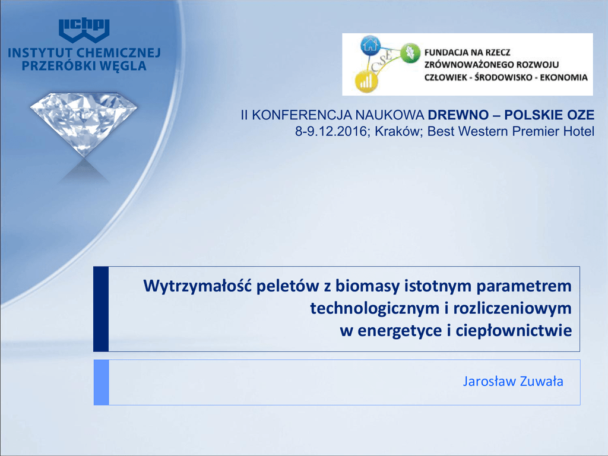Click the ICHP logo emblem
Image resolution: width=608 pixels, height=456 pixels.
click(x=84, y=30)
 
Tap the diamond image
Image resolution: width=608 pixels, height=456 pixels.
click(x=84, y=125)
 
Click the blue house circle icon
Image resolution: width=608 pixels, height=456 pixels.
click(x=370, y=45)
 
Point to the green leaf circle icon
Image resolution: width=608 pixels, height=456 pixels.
click(x=410, y=52)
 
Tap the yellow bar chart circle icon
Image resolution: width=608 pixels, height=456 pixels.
click(x=366, y=81)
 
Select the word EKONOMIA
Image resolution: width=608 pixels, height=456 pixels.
click(x=564, y=77)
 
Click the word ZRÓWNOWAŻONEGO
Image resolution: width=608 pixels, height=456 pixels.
click(x=468, y=64)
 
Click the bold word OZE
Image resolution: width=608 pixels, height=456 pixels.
click(x=581, y=115)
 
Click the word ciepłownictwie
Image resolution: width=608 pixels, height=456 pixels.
click(x=514, y=331)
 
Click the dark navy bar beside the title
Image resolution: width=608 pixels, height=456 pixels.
click(x=101, y=309)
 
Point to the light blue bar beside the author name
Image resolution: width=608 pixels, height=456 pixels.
click(x=101, y=382)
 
